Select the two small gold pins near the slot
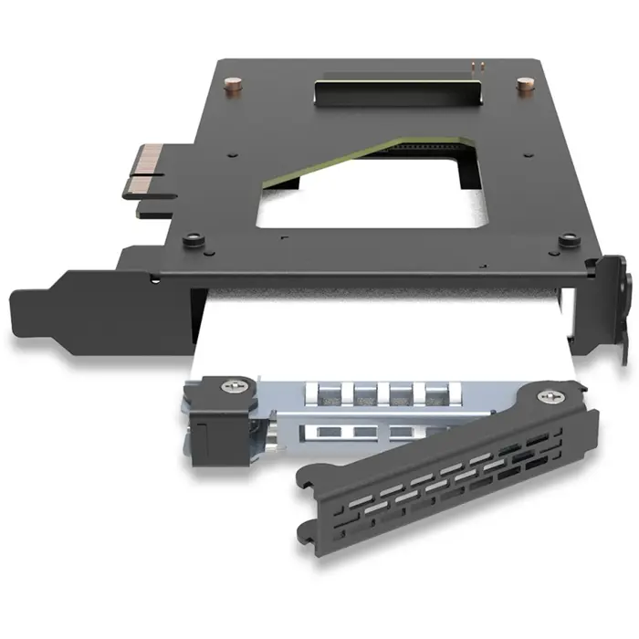[475, 67]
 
